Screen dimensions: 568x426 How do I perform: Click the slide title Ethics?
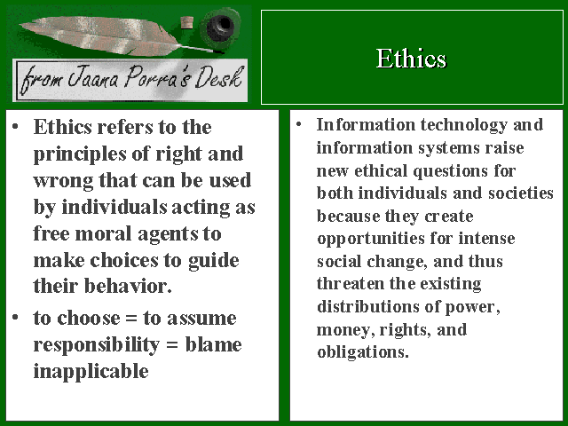click(411, 59)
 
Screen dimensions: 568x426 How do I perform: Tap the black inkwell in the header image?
click(219, 27)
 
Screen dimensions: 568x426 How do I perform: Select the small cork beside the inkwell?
click(187, 23)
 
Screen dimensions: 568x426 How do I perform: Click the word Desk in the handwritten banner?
click(219, 77)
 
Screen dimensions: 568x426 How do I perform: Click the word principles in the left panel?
click(80, 154)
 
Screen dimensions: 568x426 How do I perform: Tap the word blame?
click(213, 344)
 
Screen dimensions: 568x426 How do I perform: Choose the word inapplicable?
click(91, 372)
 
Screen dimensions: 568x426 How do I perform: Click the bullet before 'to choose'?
click(15, 318)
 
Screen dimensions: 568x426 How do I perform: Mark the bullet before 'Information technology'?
click(298, 124)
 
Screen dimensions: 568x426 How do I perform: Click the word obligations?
click(363, 352)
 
